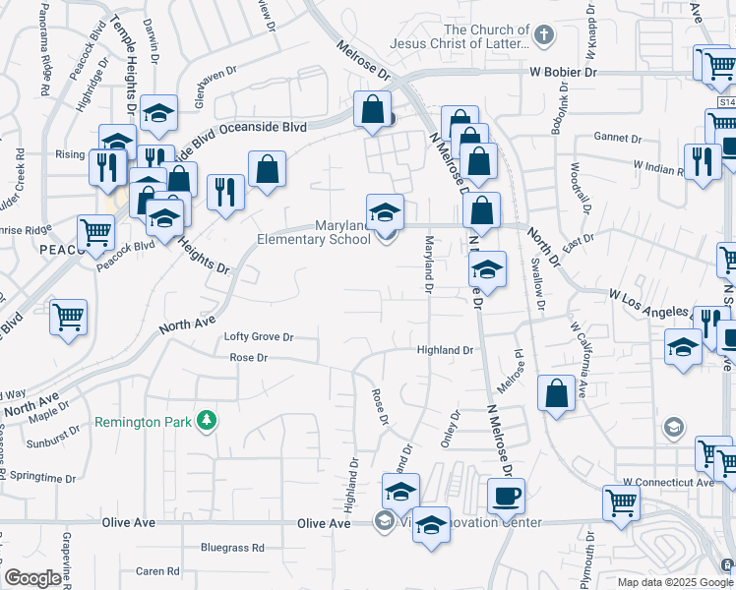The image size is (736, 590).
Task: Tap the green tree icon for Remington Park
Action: click(207, 421)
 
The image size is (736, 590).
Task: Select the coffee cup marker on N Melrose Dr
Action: click(506, 497)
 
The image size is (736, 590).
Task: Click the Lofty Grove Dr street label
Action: click(260, 336)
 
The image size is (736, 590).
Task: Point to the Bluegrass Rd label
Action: click(232, 548)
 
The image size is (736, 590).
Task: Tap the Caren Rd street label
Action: click(157, 570)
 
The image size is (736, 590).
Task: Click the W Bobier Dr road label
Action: click(563, 73)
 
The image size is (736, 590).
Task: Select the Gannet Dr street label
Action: click(617, 138)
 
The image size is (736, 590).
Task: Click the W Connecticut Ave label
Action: click(668, 483)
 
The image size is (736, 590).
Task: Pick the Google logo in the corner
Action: click(32, 578)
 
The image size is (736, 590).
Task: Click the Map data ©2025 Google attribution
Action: click(674, 582)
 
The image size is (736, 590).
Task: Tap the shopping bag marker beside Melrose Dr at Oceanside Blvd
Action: click(373, 112)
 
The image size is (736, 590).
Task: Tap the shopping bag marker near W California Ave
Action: click(556, 392)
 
